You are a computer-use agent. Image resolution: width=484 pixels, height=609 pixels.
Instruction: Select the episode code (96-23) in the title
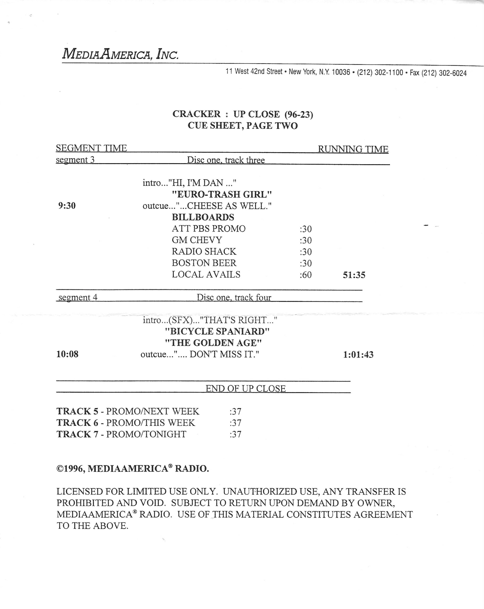[x=299, y=114]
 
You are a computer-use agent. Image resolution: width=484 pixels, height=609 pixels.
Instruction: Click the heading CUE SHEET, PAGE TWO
[x=242, y=126]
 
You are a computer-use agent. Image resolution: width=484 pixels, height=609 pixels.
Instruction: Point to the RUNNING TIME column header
[x=353, y=149]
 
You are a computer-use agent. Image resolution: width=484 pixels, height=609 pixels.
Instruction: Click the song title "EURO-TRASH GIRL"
[x=222, y=194]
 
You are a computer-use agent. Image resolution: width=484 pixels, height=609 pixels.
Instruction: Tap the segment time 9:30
[x=67, y=206]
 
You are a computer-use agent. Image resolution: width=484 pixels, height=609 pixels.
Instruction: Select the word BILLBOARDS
[x=203, y=217]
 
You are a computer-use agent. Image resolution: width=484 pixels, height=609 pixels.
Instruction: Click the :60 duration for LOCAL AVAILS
[x=306, y=275]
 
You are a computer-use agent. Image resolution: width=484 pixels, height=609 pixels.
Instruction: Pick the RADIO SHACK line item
[x=204, y=251]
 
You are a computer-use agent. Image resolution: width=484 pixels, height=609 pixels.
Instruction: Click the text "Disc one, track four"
[x=234, y=297]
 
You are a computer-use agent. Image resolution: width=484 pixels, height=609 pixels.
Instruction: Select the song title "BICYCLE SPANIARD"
[x=217, y=331]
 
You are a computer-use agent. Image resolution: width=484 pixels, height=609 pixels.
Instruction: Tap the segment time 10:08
[x=67, y=354]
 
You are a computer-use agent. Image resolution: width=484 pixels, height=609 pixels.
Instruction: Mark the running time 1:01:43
[x=358, y=354]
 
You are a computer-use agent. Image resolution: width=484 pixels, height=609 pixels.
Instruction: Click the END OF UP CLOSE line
[x=246, y=388]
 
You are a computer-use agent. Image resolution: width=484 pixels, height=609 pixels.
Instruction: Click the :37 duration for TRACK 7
[x=235, y=434]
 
